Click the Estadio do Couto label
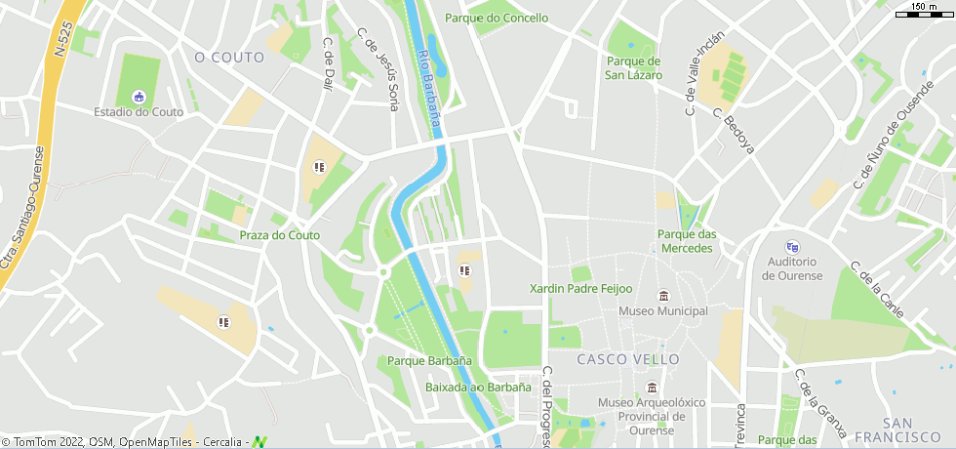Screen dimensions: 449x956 (139, 112)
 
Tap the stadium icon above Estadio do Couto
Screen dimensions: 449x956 (139, 96)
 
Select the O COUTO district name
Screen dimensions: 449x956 (229, 58)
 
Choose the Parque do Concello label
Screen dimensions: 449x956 (496, 18)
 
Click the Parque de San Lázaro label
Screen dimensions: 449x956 (633, 68)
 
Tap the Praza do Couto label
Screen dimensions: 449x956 (280, 235)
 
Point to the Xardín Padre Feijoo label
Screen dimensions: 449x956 (580, 289)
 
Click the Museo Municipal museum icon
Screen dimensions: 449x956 (663, 296)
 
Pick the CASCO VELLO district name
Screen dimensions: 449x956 (628, 359)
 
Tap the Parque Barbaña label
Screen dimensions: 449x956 (429, 361)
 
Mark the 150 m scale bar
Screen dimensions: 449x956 (923, 14)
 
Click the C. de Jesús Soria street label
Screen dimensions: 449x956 (378, 68)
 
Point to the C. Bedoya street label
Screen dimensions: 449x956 (734, 131)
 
